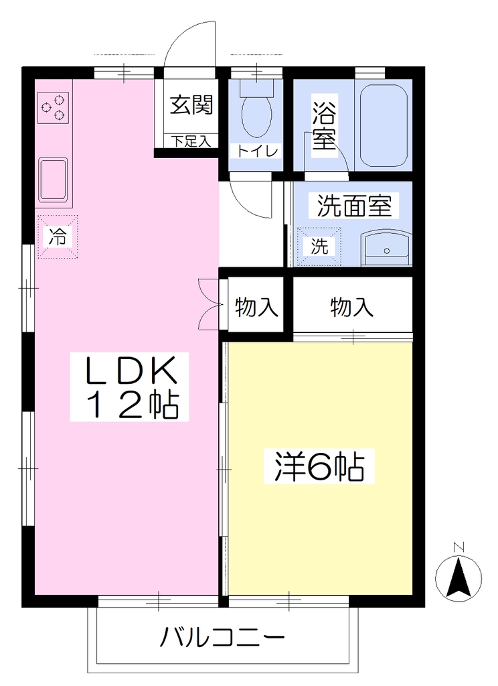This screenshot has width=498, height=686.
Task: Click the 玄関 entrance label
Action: point(191,105)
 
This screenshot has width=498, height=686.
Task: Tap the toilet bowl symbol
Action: point(257,110)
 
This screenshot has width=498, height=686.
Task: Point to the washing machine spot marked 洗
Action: point(319,247)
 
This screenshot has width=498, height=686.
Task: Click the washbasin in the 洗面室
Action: point(386,249)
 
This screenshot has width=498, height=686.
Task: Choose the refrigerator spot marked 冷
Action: point(58,236)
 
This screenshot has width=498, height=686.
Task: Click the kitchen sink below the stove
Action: point(54,180)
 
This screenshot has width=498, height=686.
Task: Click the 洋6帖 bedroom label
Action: point(319,466)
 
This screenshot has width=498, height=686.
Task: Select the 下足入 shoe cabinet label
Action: point(191,141)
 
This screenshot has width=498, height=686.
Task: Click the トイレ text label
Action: point(258,151)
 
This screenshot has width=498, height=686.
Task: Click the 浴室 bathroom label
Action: point(324,125)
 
